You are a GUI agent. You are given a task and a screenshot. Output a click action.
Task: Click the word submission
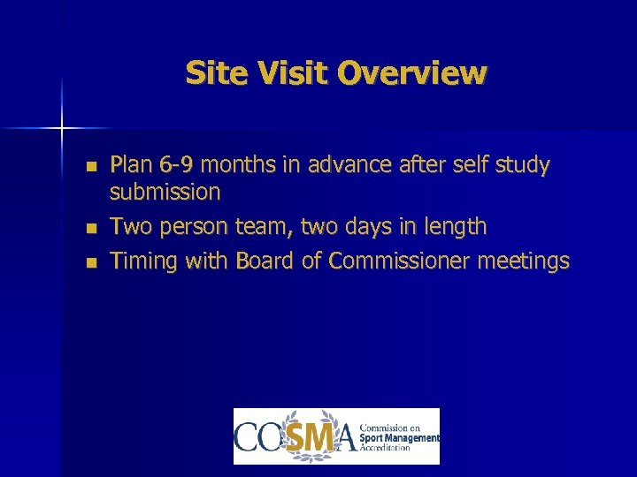coord(165,192)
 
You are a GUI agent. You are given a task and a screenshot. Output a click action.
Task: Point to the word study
coord(520,165)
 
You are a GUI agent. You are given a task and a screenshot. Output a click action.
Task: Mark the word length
coord(452,227)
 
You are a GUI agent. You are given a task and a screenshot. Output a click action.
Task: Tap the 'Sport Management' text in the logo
coord(400,438)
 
